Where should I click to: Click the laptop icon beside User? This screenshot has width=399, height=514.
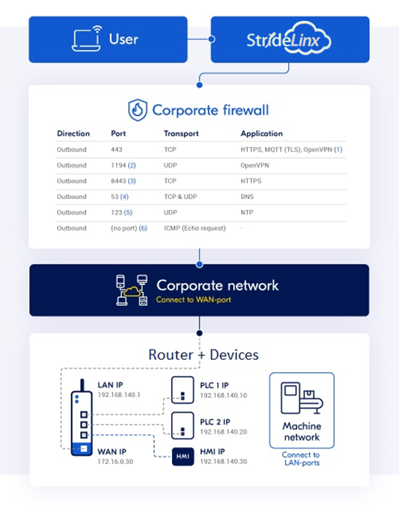pos(86,39)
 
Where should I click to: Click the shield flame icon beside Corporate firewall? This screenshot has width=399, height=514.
pos(137,110)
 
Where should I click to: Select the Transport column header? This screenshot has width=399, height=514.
pos(181,133)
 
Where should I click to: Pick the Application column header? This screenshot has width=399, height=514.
pos(261,133)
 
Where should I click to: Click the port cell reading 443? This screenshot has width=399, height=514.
pos(117,150)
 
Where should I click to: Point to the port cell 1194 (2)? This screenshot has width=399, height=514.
pos(123,165)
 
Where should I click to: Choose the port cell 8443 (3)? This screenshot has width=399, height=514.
pos(123,181)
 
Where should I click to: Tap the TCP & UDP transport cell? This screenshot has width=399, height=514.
pos(180,197)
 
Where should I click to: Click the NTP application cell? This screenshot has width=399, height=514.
pos(247,212)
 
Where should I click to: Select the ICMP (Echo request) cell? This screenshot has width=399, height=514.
pos(194,228)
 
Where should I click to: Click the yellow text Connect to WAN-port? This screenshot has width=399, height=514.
pos(194,299)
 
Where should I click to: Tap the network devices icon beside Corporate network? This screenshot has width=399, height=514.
pos(132,290)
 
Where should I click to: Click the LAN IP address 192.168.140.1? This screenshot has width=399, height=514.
pos(119,395)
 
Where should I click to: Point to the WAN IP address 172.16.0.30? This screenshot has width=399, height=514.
pos(115,462)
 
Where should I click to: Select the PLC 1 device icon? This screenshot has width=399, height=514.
pos(182,390)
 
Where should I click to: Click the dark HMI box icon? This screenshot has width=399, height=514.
pos(183,457)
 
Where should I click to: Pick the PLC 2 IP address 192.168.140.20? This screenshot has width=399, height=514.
pos(223,432)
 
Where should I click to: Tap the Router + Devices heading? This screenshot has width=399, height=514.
pos(203,355)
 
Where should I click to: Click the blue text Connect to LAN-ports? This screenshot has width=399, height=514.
pos(301,459)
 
